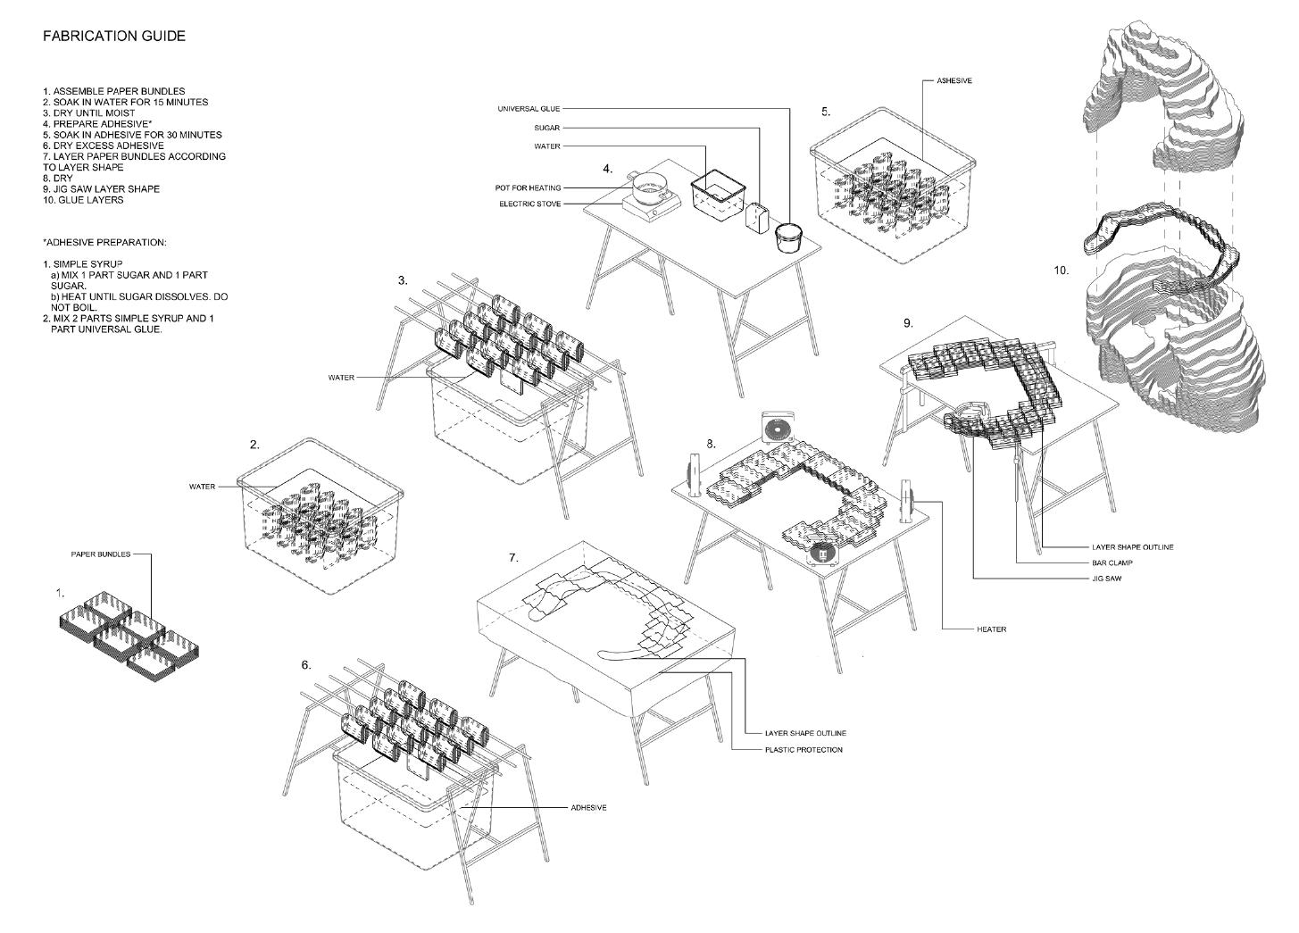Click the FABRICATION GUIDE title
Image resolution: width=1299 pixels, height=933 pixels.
point(114,37)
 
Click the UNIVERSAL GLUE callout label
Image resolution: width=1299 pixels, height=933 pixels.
point(529,109)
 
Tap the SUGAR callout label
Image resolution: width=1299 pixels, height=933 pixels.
point(547,128)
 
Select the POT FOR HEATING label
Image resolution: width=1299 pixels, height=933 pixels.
point(529,188)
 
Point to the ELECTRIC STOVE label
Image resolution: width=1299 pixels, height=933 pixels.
point(529,204)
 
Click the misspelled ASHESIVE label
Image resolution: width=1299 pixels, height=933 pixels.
point(954,81)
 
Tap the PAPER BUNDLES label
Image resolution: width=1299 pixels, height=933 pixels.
point(101,554)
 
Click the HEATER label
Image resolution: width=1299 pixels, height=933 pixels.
point(992,629)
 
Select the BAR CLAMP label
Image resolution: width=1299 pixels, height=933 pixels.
point(1112,562)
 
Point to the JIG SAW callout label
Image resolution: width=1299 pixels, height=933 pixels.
point(1107,579)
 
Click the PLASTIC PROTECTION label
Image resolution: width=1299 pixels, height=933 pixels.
point(804,750)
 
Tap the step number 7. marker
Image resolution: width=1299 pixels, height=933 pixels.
point(513,558)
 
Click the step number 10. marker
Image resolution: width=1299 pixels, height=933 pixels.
point(1061,270)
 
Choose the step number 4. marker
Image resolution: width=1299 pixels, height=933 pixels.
point(608,169)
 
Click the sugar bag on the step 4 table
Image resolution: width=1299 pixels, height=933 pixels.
point(759,217)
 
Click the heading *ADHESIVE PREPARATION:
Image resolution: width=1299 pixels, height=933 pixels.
point(104,243)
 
